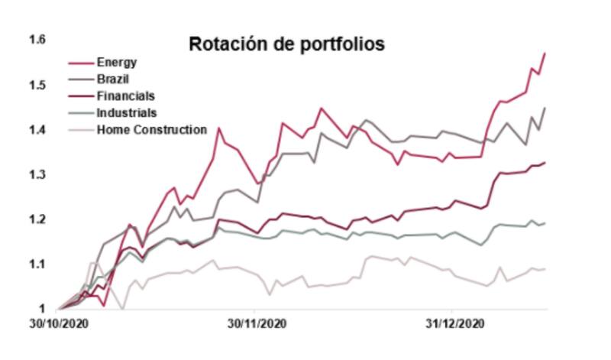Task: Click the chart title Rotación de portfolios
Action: point(286,44)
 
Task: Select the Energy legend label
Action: point(117,62)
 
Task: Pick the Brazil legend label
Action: point(114,79)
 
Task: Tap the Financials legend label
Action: point(125,96)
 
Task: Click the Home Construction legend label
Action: point(151,129)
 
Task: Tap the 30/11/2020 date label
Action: point(257,324)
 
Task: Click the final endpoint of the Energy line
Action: point(545,53)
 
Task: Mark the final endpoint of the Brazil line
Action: point(545,108)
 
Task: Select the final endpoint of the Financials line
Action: point(545,162)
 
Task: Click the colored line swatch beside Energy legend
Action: point(80,62)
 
